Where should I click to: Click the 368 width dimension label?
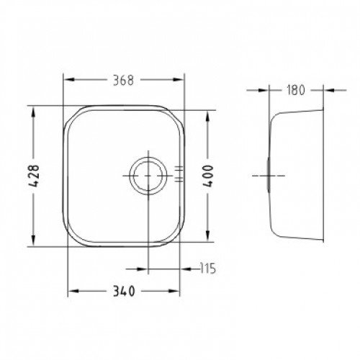pyautogui.click(x=123, y=80)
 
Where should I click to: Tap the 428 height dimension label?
pyautogui.click(x=33, y=176)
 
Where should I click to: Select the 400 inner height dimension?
pyautogui.click(x=208, y=176)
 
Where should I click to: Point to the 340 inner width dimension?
pyautogui.click(x=124, y=292)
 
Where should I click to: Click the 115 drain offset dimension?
pyautogui.click(x=208, y=269)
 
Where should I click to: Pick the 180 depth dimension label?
pyautogui.click(x=296, y=90)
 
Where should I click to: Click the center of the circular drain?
pyautogui.click(x=148, y=176)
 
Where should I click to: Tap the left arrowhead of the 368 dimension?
pyautogui.click(x=69, y=80)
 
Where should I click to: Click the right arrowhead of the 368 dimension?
pyautogui.click(x=179, y=80)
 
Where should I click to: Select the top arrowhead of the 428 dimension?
pyautogui.click(x=33, y=112)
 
